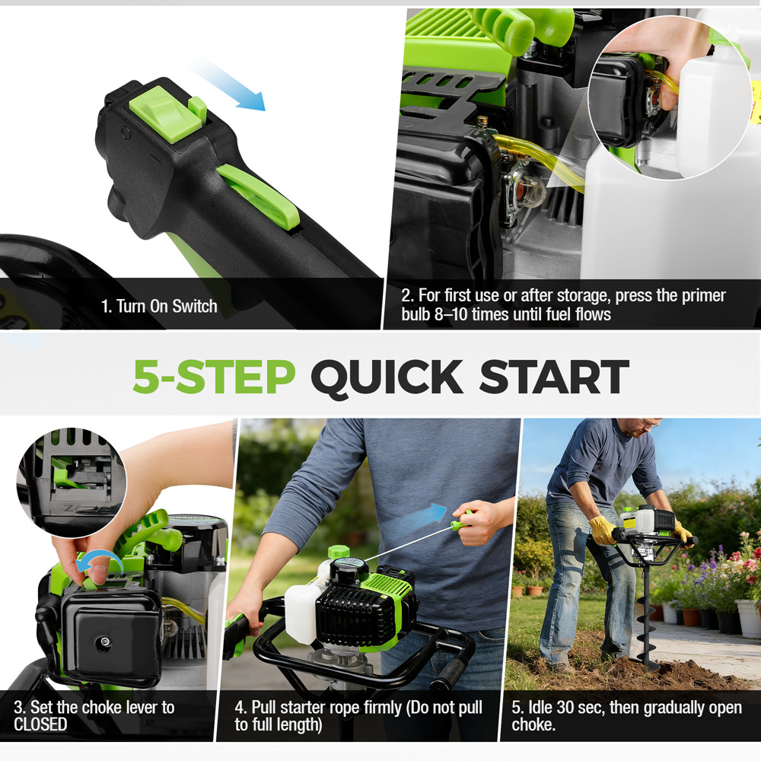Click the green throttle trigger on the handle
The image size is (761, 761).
pos(259,196)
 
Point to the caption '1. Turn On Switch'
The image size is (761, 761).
pos(159,307)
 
